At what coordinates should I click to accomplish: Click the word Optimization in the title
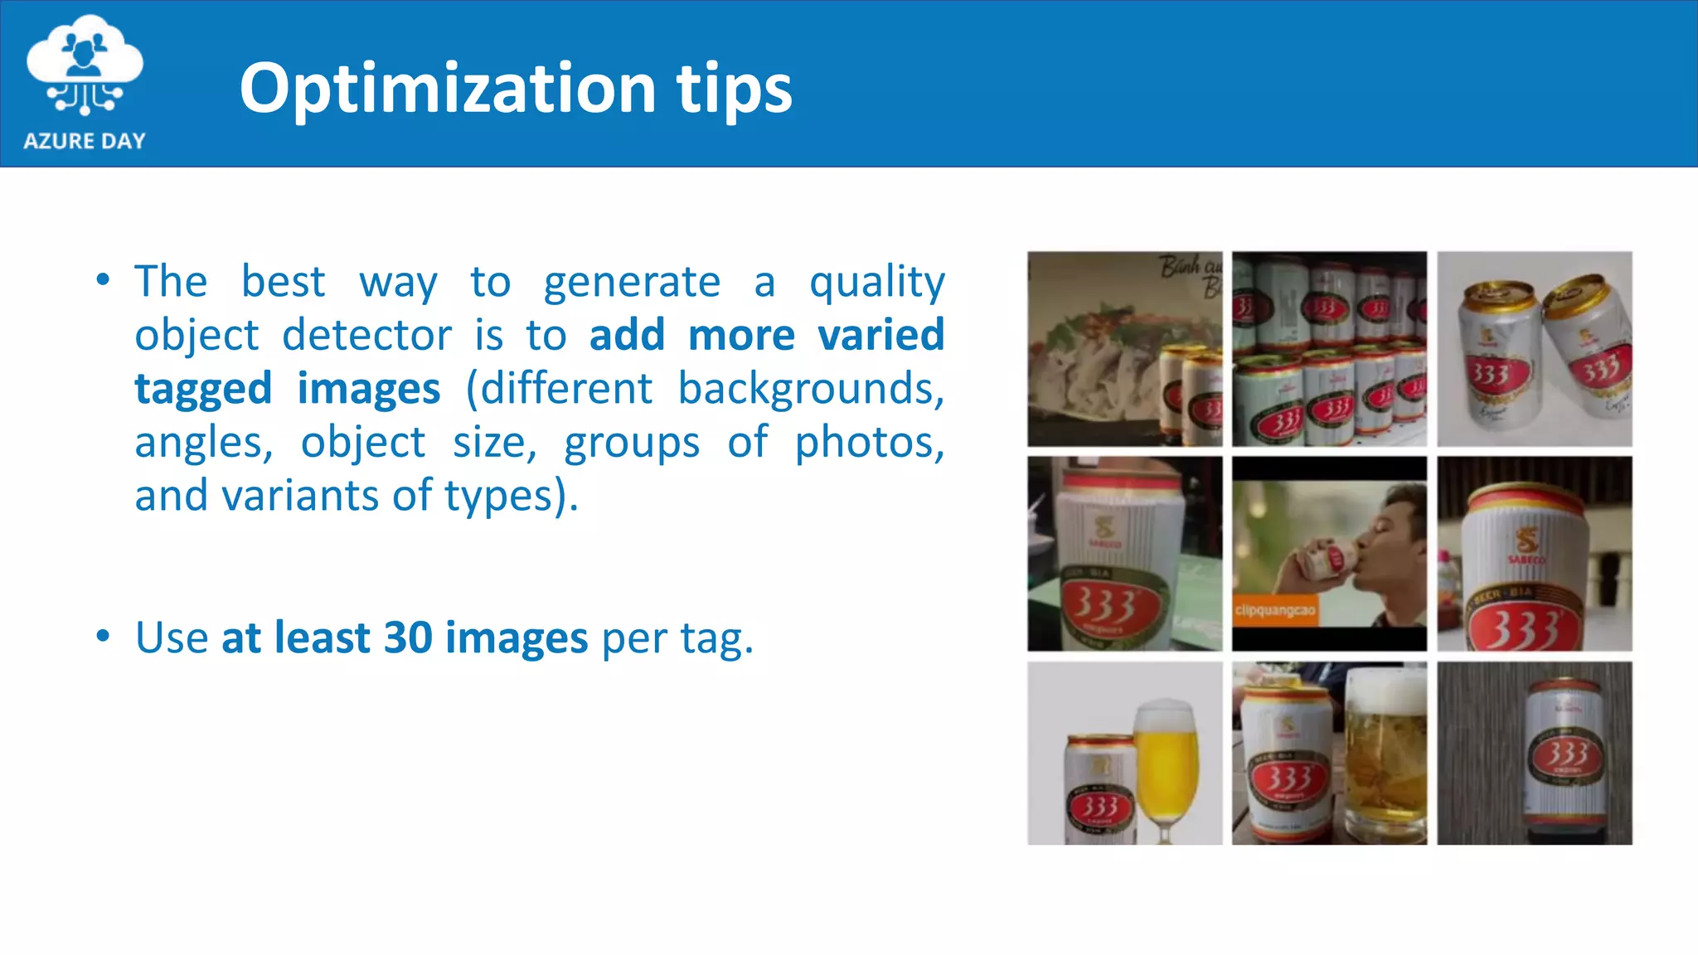point(448,90)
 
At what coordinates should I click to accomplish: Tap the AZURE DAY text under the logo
point(85,141)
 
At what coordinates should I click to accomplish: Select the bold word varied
point(881,335)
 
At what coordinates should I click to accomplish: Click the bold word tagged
point(203,389)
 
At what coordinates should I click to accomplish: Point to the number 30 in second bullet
point(408,637)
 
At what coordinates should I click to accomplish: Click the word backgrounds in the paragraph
point(810,389)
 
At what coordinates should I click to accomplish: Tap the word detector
point(366,335)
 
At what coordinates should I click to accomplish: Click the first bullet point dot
point(103,280)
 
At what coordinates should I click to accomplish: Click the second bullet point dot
point(103,637)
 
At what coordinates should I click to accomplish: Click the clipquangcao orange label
point(1275,611)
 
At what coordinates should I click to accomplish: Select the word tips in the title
point(734,90)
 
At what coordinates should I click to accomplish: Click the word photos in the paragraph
point(869,443)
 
